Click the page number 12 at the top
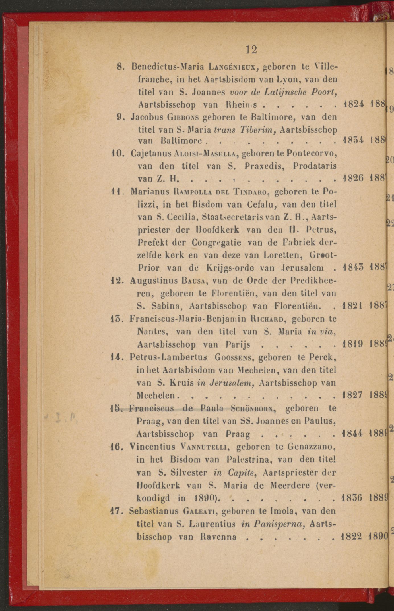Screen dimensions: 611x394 [x=251, y=50]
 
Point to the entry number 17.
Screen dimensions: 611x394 [x=116, y=511]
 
